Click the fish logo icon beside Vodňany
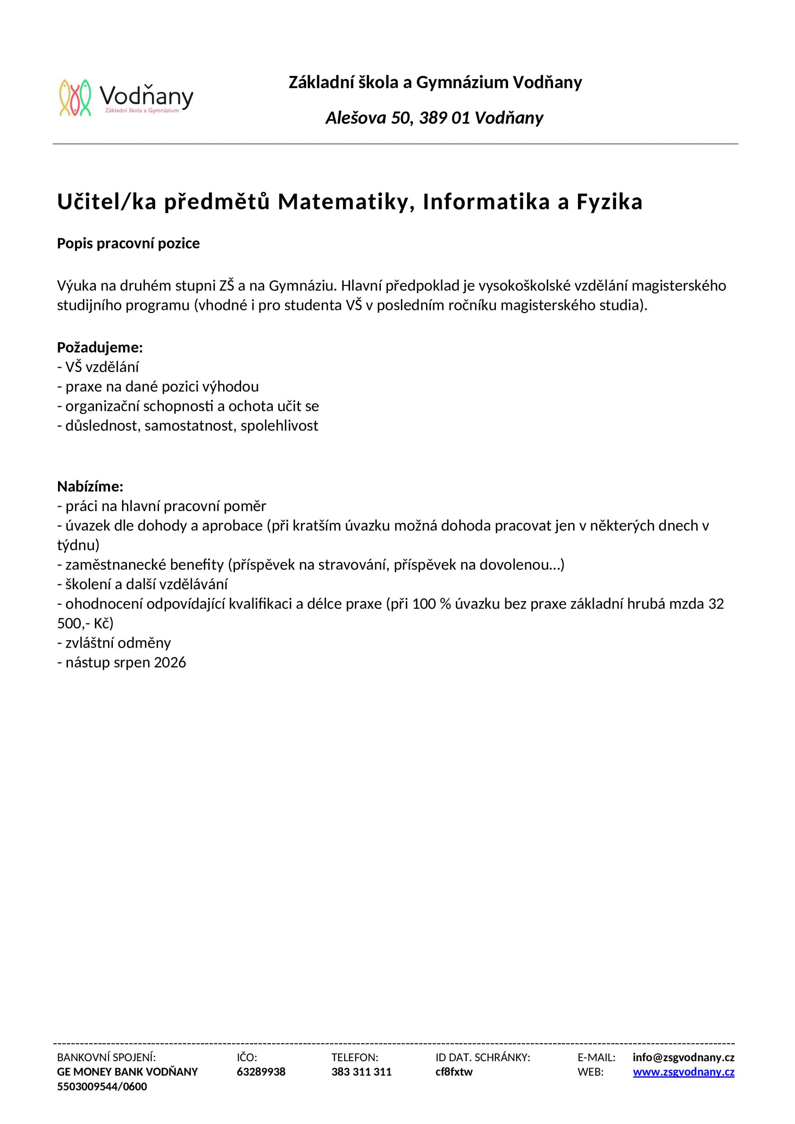(76, 98)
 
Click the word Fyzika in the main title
(609, 202)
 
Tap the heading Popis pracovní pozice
(128, 243)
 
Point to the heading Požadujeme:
(100, 348)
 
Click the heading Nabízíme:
(90, 486)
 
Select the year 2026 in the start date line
(170, 663)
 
